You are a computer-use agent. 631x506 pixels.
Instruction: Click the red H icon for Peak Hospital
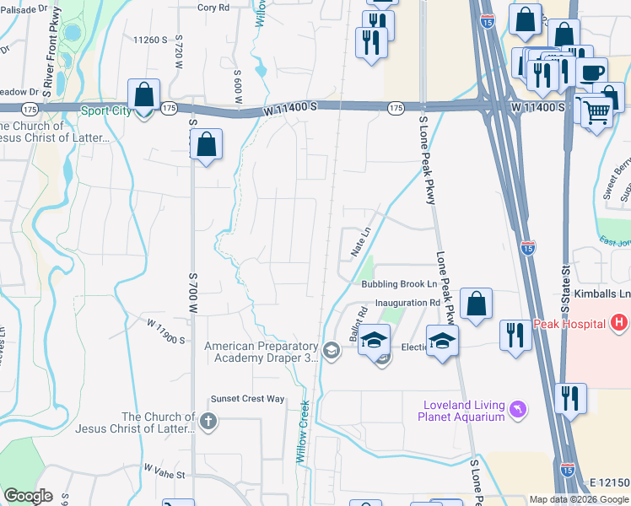coord(620,322)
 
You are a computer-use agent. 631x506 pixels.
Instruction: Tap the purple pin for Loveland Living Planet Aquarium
coord(518,411)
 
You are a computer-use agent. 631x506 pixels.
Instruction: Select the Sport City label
coord(106,110)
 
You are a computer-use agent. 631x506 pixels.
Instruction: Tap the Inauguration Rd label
coord(409,302)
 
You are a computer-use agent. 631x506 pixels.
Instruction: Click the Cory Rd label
coord(213,8)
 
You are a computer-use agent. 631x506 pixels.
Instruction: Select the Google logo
coord(28,496)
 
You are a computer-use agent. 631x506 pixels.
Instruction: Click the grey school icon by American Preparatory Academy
coord(332,350)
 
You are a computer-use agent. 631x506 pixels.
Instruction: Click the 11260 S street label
coord(152,40)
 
